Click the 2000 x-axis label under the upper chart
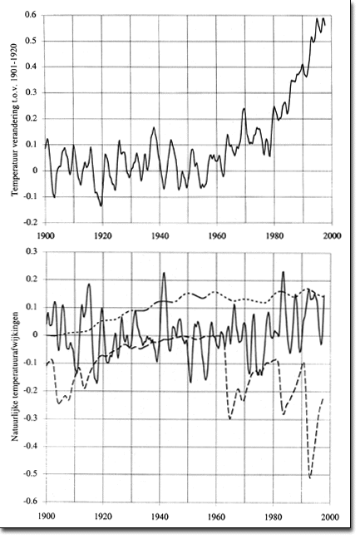332,236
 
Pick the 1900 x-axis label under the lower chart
46,517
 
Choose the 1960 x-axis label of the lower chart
216,517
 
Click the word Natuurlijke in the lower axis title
15,420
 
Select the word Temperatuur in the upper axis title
15,174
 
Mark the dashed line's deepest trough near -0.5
310,477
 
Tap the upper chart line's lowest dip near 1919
101,205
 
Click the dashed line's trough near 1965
229,418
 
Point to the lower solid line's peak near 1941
164,273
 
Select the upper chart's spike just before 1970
244,109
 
